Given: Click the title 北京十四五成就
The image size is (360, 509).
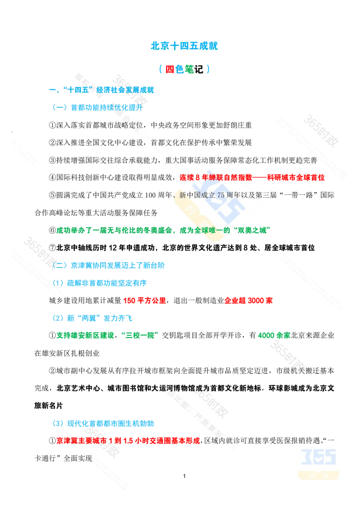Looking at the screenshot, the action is coord(184,46).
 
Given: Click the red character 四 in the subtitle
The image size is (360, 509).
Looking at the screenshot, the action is coord(170,69).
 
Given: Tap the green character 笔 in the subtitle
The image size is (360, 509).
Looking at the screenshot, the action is coord(189,69).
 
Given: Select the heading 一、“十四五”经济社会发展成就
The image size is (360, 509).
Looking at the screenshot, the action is coord(101,90).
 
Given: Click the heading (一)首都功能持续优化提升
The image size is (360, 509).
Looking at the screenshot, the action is coord(98,107).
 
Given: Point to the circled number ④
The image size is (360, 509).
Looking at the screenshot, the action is coord(53,178).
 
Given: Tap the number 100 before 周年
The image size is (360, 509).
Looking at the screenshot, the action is coord(150,195).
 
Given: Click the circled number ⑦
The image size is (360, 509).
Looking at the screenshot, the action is coord(53,248).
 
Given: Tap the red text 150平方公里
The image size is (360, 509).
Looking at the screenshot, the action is coord(144,301).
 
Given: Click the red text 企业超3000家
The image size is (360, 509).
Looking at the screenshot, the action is coord(248,301).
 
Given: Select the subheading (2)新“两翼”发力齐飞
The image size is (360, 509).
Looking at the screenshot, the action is coord(92,318).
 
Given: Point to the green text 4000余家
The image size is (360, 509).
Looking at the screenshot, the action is coord(274,335).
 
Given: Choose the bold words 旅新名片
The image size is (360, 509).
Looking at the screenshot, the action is coord(49,406).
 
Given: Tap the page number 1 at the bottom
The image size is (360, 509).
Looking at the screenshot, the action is coord(184,476).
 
